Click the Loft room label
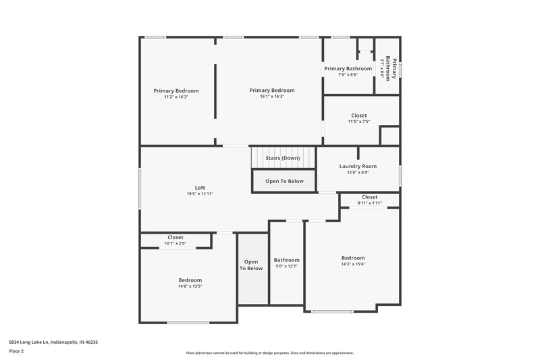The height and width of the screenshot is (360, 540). (x=200, y=188)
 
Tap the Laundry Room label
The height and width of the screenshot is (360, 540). (x=358, y=166)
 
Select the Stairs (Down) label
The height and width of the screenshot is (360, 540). (x=282, y=158)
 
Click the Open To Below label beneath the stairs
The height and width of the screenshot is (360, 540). (x=284, y=181)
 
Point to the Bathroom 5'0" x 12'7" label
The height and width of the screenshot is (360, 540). (x=286, y=260)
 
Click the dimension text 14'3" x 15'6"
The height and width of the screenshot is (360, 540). (x=352, y=264)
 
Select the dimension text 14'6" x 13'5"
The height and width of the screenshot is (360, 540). (x=190, y=286)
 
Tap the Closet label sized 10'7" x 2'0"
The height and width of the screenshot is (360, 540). (x=175, y=238)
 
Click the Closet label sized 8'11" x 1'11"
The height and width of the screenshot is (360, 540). (x=369, y=197)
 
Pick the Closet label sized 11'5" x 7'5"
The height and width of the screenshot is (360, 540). (x=358, y=115)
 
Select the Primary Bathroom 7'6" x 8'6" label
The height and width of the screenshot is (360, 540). (x=348, y=69)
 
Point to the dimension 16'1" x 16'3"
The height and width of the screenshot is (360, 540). (x=271, y=96)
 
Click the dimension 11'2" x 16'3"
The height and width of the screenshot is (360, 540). (x=175, y=96)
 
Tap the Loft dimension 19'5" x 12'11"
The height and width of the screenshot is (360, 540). (x=200, y=194)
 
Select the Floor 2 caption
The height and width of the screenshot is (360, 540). (x=16, y=351)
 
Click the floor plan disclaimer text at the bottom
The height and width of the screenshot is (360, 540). (x=269, y=353)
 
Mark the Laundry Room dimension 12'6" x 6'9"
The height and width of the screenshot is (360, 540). (x=358, y=172)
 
